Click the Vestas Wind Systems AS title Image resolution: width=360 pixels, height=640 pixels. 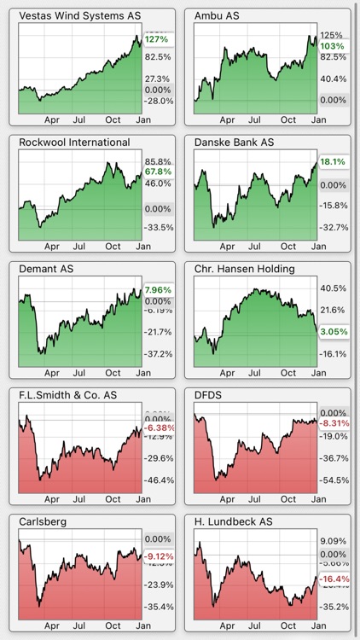[x=80, y=16]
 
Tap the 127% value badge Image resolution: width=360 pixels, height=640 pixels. [x=157, y=39]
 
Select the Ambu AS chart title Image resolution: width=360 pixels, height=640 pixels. [x=217, y=16]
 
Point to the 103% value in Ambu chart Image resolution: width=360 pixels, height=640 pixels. [x=333, y=45]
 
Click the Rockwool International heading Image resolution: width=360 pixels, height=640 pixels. [x=74, y=143]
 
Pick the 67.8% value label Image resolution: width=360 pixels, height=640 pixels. [x=159, y=171]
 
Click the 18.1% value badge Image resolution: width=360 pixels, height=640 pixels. [x=333, y=161]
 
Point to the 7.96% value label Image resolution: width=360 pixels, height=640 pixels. [x=159, y=289]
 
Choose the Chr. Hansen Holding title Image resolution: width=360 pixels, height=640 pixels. [x=245, y=269]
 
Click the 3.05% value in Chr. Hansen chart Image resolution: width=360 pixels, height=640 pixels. [x=333, y=330]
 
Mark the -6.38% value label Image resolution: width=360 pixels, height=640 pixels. [x=159, y=428]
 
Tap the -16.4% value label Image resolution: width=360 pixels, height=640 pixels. [x=333, y=580]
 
